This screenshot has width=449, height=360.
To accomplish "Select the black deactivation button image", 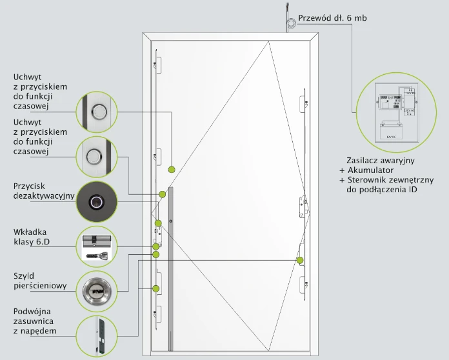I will pos(97,201).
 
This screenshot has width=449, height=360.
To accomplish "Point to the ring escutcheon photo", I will pos(97,291).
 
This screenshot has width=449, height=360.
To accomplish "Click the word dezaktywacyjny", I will pos(44,195).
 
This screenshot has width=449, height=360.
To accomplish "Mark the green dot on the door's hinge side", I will pos(300,259).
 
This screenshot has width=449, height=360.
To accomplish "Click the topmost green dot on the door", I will pos(172,169).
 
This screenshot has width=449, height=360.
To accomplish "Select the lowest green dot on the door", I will pos(155,288).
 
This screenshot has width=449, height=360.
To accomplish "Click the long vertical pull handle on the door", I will pos(170,271).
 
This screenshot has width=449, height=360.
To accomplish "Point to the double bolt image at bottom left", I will pos(97,335).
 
